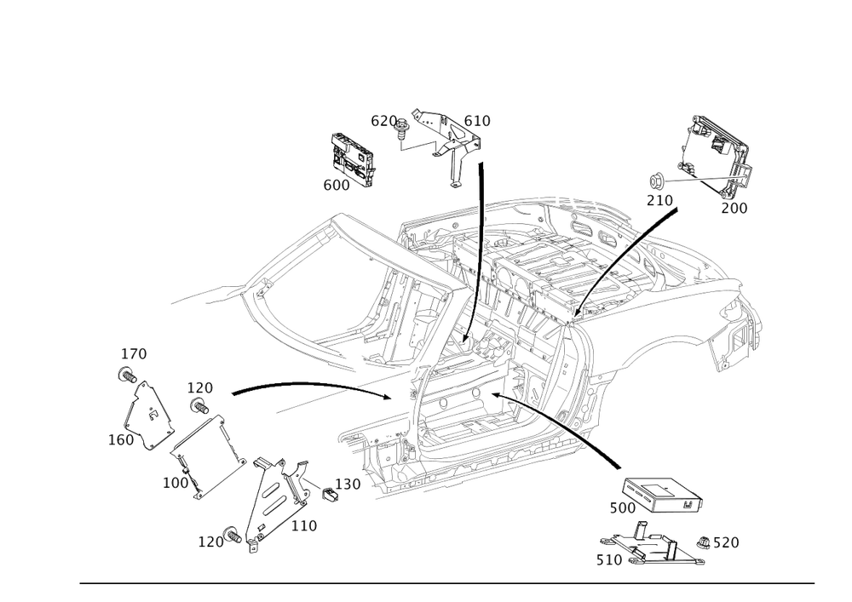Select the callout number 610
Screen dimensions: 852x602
[x=478, y=122]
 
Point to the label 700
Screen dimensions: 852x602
[x=734, y=208]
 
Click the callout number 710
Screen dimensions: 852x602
[x=659, y=200]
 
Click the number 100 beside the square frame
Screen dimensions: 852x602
[x=176, y=482]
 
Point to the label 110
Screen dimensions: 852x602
[x=304, y=526]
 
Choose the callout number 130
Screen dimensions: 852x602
[x=349, y=484]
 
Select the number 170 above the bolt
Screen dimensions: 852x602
[x=135, y=353]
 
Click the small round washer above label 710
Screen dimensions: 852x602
[x=659, y=181]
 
